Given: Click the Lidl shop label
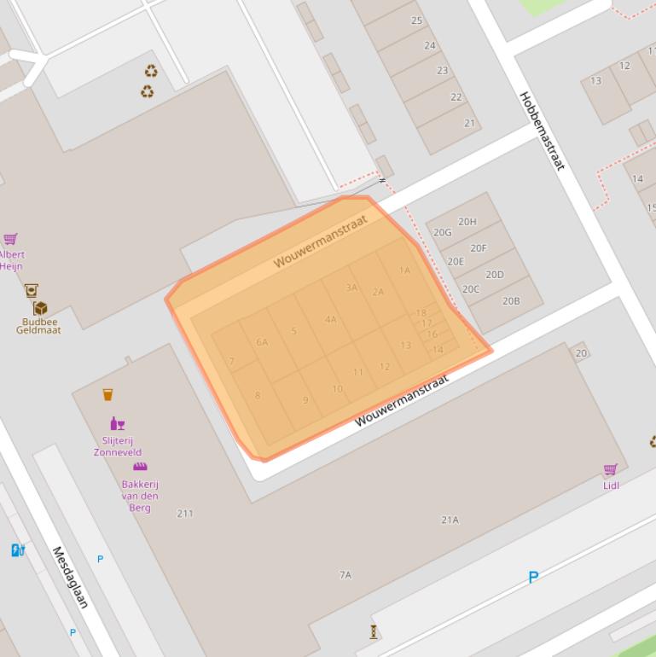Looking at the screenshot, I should [611, 485].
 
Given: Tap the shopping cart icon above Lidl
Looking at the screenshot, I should [610, 470].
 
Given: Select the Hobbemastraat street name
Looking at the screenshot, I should [542, 131].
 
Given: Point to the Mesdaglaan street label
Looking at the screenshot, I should [71, 578].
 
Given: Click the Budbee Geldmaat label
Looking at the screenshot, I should [38, 326].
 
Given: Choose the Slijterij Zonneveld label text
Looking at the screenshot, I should [118, 447].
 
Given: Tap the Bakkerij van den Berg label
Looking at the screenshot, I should [140, 496].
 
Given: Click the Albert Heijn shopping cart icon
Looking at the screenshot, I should [10, 239].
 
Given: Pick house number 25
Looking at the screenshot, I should [417, 20].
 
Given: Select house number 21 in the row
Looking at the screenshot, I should [469, 123].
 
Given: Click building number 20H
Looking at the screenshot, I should [467, 222].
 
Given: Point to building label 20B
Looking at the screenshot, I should [511, 300].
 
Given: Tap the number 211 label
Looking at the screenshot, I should [184, 514].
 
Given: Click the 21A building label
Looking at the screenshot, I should [450, 520].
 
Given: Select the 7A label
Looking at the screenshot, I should [345, 575].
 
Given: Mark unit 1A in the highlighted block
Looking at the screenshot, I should [404, 270].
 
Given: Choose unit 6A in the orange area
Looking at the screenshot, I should [262, 342].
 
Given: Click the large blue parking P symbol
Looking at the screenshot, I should [533, 578].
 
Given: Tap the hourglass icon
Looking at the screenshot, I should [373, 632].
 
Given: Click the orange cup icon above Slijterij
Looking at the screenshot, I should [107, 394].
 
